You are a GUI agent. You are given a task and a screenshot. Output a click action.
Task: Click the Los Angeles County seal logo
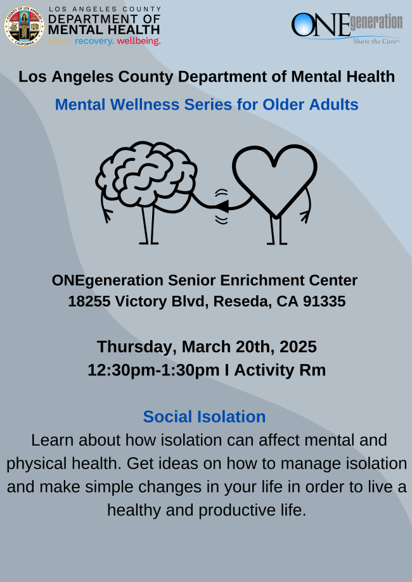pos(24,26)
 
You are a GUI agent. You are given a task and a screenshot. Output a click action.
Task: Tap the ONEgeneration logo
pos(346,27)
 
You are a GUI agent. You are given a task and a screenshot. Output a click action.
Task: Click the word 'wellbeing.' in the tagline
pos(139,41)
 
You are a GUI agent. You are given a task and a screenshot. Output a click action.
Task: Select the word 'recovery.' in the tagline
pos(94,41)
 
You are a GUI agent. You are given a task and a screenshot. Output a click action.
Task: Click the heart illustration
pos(274,180)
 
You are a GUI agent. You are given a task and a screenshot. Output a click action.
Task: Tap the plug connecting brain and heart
pos(222,206)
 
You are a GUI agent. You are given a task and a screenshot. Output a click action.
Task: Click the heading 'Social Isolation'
pos(204,417)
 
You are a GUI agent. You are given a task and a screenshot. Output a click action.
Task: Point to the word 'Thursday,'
pos(136,347)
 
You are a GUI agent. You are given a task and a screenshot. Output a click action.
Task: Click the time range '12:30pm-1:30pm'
pos(154,370)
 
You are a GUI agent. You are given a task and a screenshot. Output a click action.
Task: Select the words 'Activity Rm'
pos(280,370)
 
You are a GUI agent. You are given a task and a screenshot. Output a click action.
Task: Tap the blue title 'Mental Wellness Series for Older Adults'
pos(207,104)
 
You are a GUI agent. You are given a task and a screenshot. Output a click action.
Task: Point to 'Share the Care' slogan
pos(375,41)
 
